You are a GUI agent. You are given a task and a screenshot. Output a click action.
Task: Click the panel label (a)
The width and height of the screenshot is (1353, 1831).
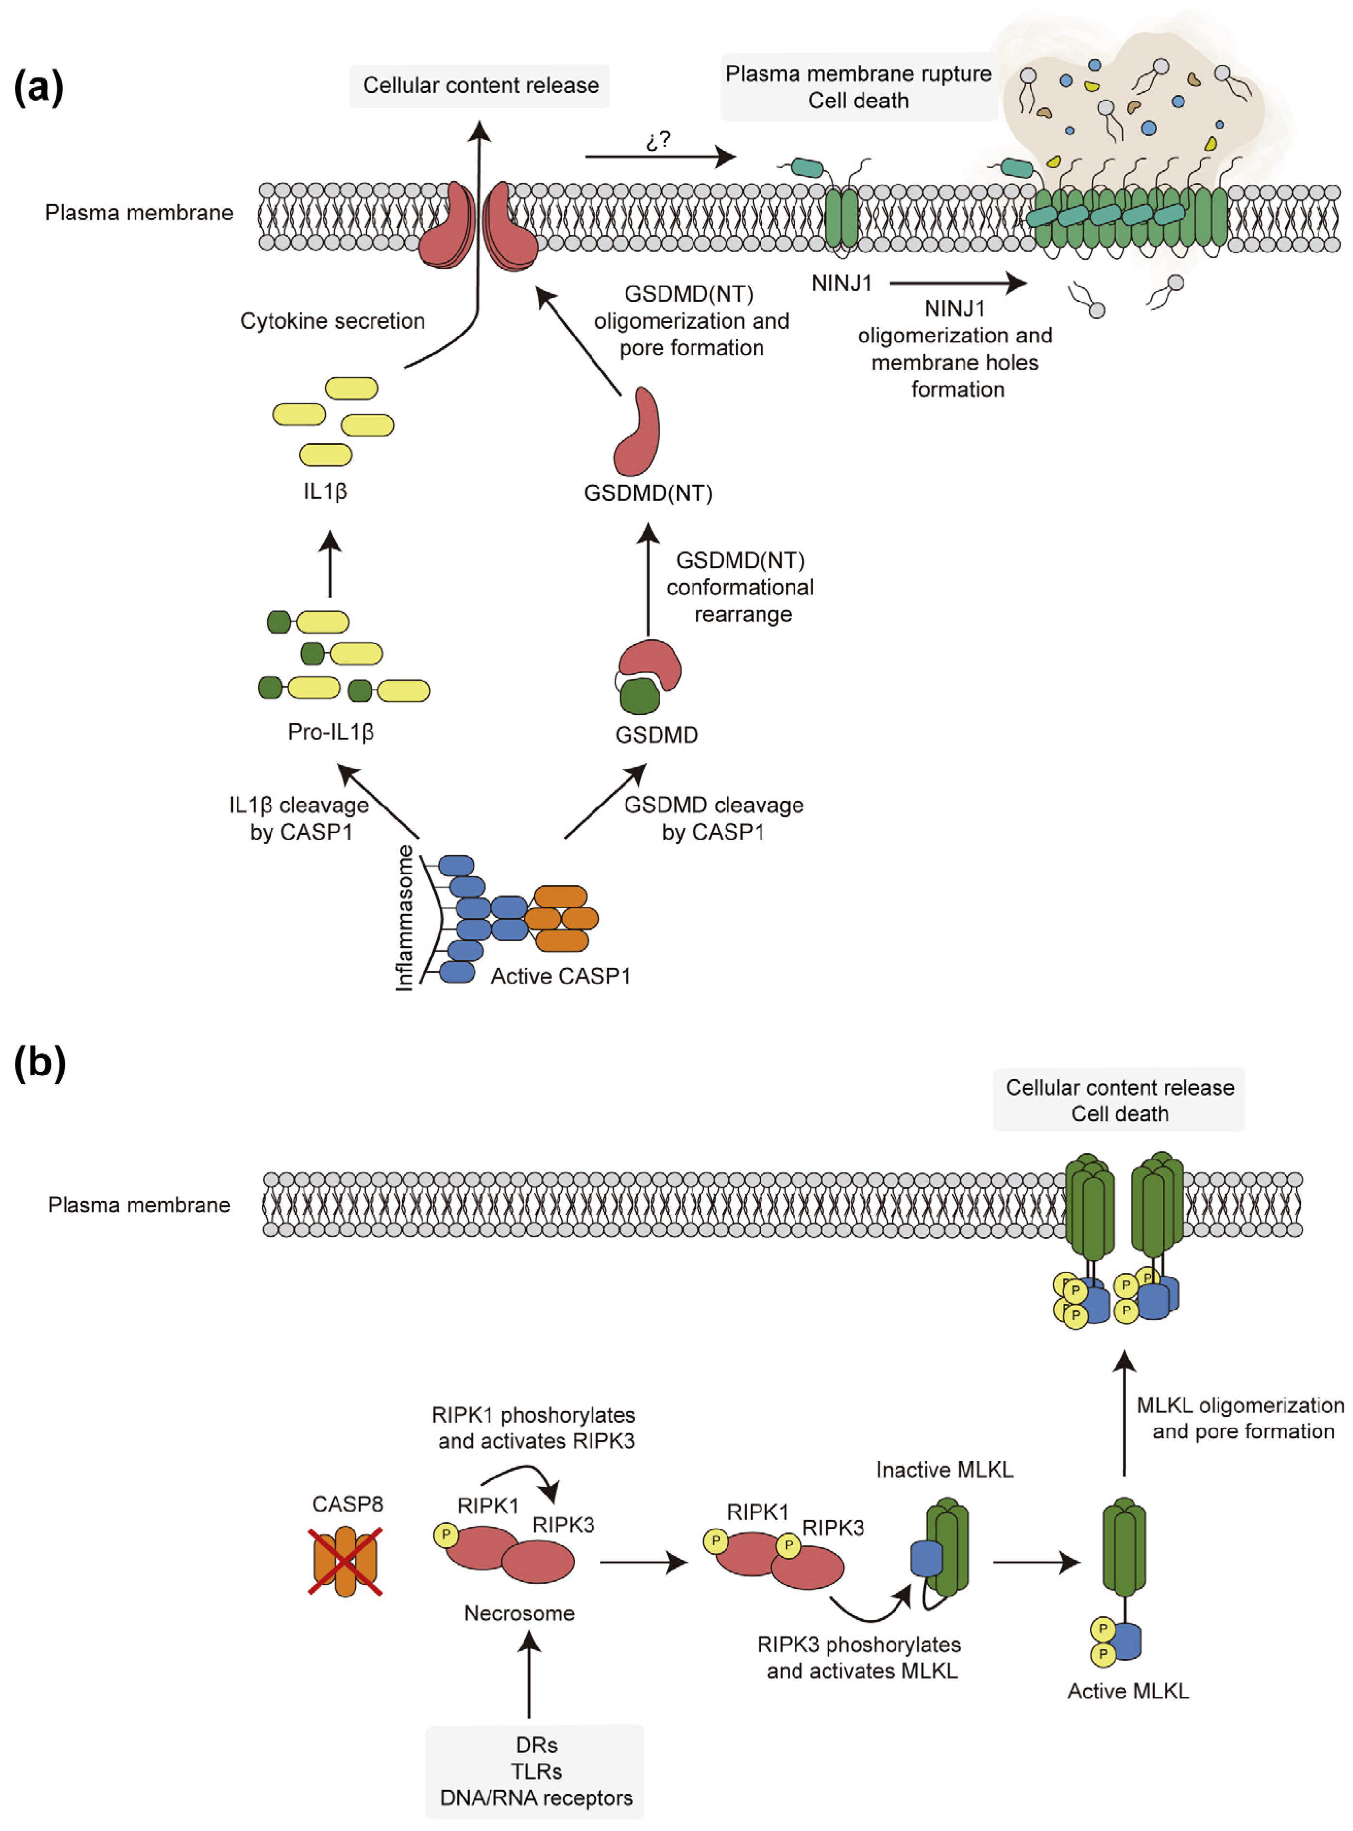pos(38,87)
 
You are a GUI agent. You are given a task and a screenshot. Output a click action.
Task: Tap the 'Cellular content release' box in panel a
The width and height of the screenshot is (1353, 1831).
pos(480,85)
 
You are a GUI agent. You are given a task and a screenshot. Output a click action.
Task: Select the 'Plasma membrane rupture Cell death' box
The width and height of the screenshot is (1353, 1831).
pos(858,87)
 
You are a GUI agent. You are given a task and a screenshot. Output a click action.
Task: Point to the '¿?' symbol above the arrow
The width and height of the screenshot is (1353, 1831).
pos(658,141)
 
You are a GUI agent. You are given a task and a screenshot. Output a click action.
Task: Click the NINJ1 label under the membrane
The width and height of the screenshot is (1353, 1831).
pos(842,284)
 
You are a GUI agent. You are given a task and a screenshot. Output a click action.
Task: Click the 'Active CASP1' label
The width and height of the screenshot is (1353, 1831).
pos(560,976)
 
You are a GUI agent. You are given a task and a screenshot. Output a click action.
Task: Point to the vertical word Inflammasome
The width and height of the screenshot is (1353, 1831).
pos(405,918)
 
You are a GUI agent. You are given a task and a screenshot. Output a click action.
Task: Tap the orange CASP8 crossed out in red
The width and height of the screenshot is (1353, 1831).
pos(345,1560)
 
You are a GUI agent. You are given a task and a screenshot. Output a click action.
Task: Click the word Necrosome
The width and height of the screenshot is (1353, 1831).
pos(519,1613)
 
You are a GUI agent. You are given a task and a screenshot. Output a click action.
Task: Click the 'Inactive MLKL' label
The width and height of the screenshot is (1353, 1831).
pos(944,1469)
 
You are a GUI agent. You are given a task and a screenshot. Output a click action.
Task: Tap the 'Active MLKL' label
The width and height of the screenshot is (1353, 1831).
pos(1127,1691)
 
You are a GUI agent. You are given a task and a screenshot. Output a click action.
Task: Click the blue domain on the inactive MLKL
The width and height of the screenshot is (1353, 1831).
pos(926,1558)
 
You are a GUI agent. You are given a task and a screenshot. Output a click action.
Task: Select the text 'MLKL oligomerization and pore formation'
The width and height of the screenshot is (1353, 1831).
pos(1240,1418)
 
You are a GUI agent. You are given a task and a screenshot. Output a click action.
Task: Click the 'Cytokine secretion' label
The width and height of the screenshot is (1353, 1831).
pos(333,321)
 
